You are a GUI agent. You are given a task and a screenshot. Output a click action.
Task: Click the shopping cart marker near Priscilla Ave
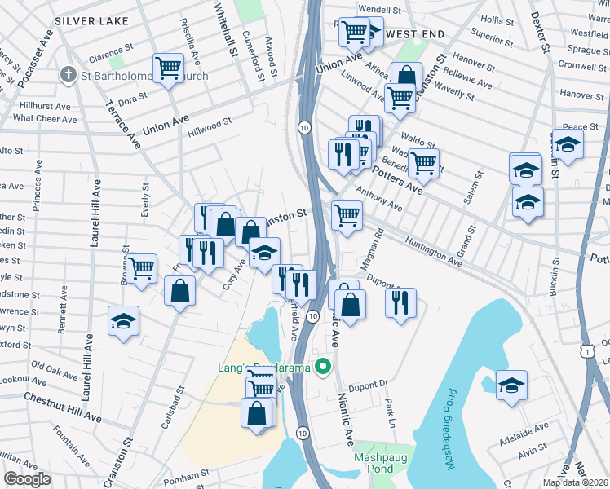pos(168,67)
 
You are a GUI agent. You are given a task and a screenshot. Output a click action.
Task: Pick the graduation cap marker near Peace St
pos(568,144)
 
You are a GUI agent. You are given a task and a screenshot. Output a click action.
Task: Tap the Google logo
pos(26,479)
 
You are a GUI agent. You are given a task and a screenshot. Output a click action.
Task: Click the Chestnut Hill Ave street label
pos(62,405)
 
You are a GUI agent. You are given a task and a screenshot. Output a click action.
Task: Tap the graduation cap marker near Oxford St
pos(123,321)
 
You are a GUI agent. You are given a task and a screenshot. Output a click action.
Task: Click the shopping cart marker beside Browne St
pos(142,267)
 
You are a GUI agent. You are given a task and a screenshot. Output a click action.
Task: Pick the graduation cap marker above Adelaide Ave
pos(511,385)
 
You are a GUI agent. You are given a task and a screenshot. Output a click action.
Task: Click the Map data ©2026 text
pos(575,482)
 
